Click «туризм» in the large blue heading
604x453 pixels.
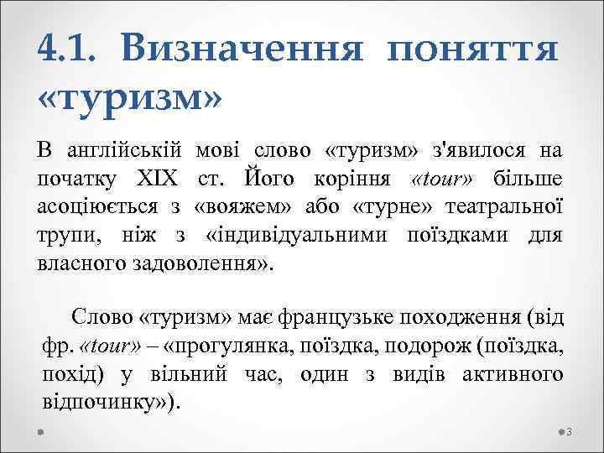coord(131,97)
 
